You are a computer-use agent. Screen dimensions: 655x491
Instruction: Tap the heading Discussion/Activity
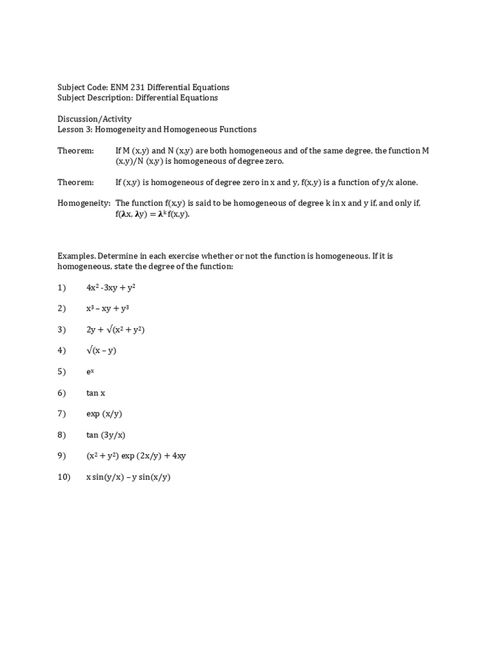[x=95, y=118]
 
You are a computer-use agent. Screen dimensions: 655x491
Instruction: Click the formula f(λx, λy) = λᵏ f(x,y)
[x=153, y=214]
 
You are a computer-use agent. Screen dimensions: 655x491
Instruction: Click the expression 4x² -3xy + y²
[x=111, y=288]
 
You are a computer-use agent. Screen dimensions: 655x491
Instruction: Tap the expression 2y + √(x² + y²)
[x=120, y=329]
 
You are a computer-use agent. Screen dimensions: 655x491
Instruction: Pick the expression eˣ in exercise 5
[x=90, y=372]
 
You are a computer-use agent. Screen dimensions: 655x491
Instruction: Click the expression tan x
[x=96, y=393]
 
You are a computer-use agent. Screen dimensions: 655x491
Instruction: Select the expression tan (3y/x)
[x=106, y=435]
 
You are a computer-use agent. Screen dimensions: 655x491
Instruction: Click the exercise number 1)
[x=62, y=288]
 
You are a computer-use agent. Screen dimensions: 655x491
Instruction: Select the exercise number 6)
[x=62, y=393]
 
